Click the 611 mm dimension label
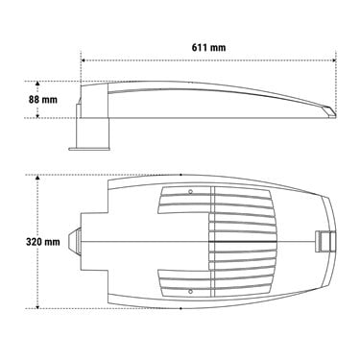click(x=208, y=48)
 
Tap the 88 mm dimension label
click(x=43, y=100)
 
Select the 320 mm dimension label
click(x=43, y=241)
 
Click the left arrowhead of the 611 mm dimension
click(x=83, y=60)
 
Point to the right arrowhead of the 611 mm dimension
click(x=334, y=60)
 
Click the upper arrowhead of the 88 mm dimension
click(x=37, y=84)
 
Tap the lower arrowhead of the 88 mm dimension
click(x=37, y=116)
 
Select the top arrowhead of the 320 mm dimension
click(x=37, y=178)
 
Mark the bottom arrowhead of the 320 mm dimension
click(x=37, y=306)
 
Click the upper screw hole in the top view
click(x=190, y=192)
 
